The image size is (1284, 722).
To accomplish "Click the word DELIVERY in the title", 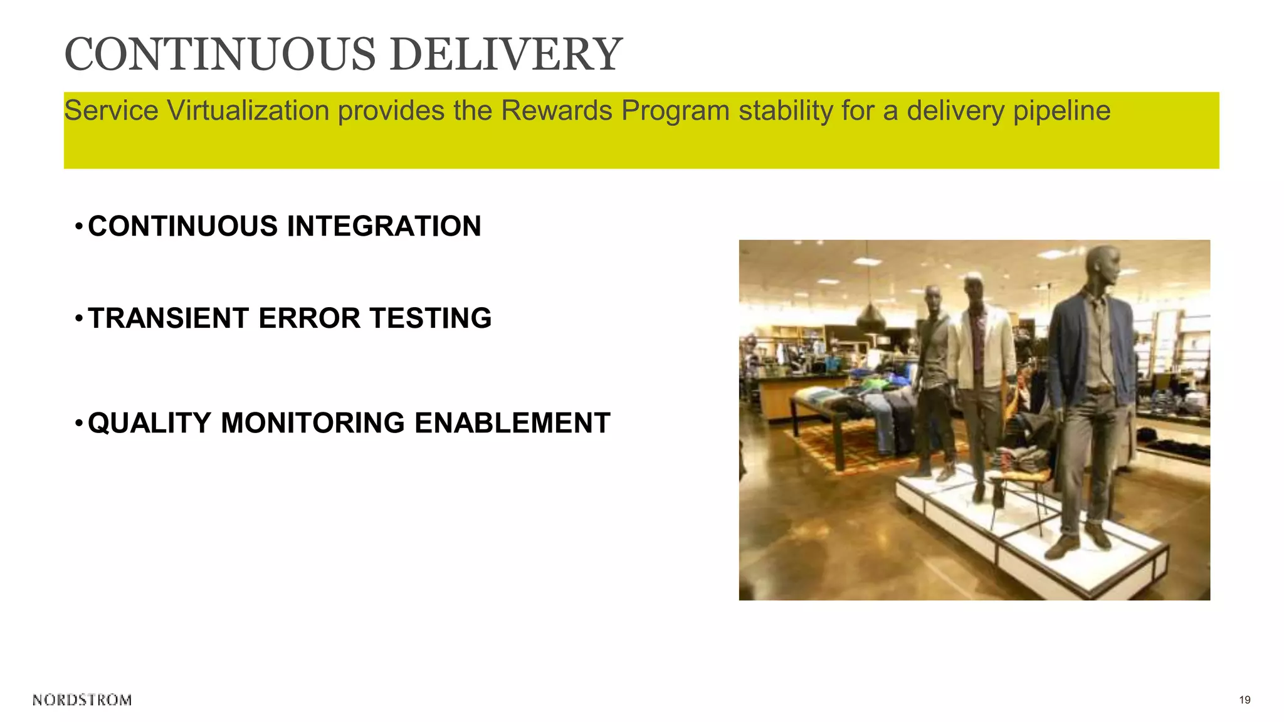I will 506,55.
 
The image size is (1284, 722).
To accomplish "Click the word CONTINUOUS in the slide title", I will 219,55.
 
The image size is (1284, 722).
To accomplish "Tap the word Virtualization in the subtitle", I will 248,111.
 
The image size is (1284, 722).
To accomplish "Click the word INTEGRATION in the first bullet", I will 384,226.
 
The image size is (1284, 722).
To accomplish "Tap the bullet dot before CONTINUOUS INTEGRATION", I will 78,226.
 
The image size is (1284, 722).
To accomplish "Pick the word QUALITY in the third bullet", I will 150,423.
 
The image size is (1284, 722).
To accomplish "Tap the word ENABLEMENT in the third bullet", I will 512,423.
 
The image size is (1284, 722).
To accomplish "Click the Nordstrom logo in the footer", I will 82,700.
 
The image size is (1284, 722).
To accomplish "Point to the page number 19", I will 1245,700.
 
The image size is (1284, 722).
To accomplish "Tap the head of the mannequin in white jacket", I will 974,289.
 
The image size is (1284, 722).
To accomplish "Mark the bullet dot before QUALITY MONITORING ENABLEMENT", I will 78,423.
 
